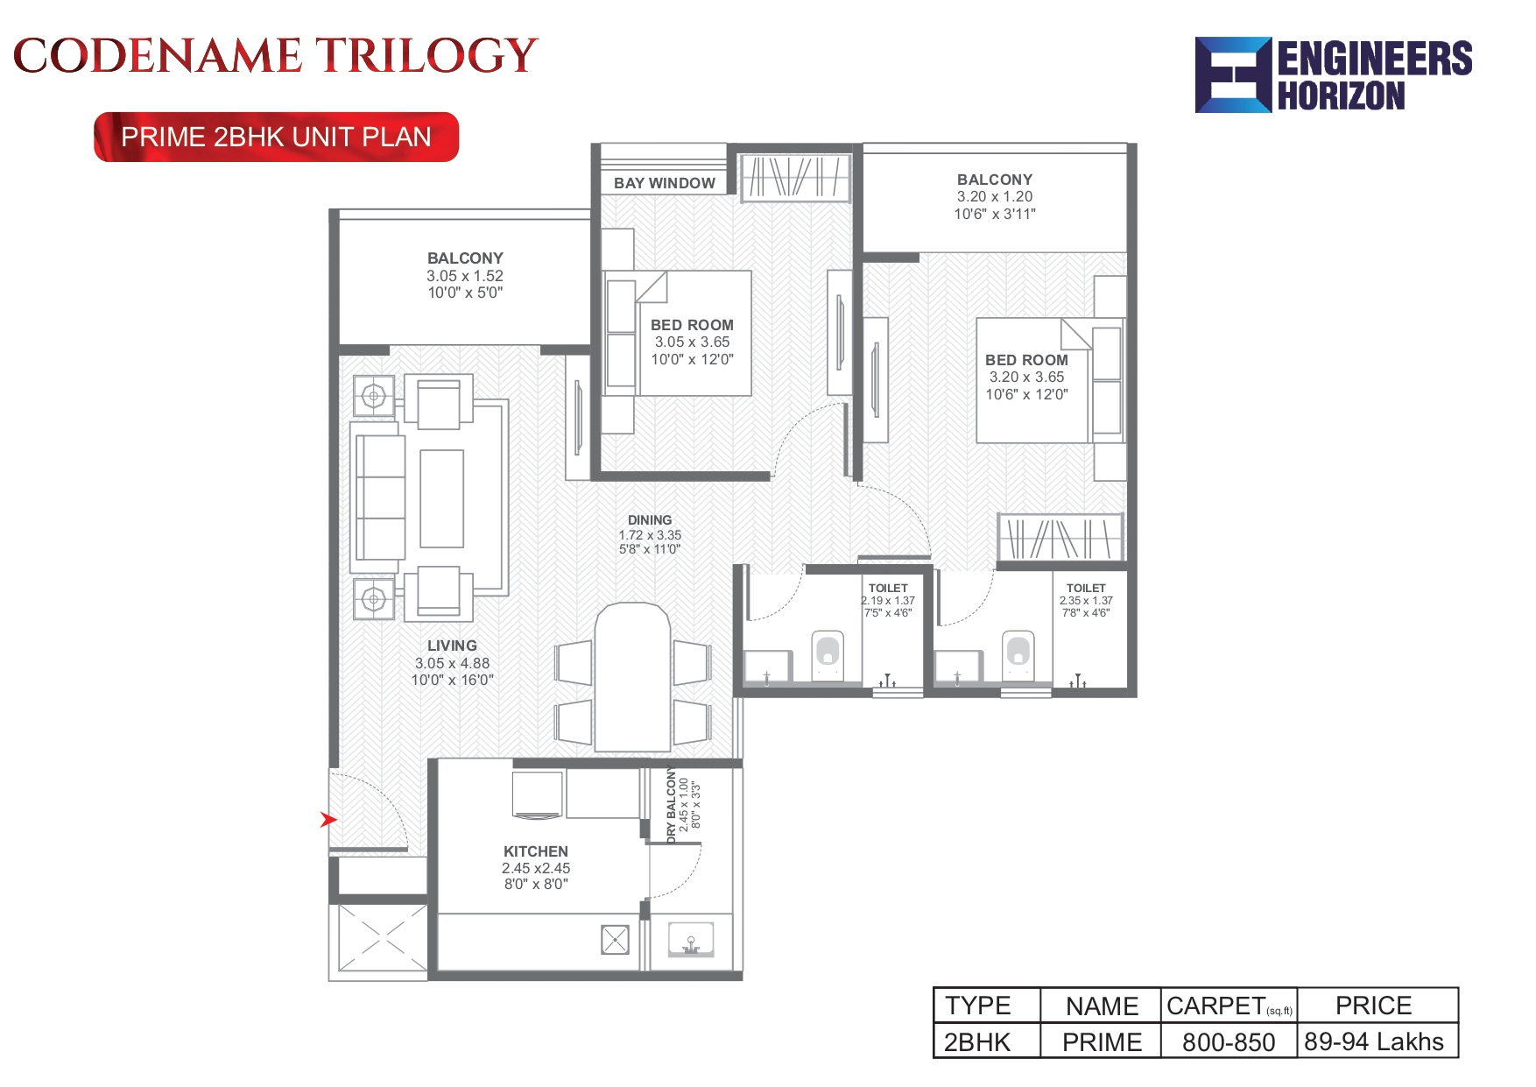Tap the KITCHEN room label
pos(536,851)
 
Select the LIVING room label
pos(452,646)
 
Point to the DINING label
pos(650,520)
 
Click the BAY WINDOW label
pos(665,183)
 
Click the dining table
pos(632,676)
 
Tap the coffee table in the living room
pos(441,498)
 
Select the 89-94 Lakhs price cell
pos(1374,1041)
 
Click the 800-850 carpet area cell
pos(1229,1042)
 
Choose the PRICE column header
pos(1374,1006)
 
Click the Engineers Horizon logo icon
pos(1233,75)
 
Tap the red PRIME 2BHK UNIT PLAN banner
pos(277,138)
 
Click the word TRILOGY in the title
pos(426,56)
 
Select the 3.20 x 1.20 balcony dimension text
pos(995,197)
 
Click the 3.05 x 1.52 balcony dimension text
pos(465,276)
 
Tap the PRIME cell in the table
pos(1102,1042)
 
